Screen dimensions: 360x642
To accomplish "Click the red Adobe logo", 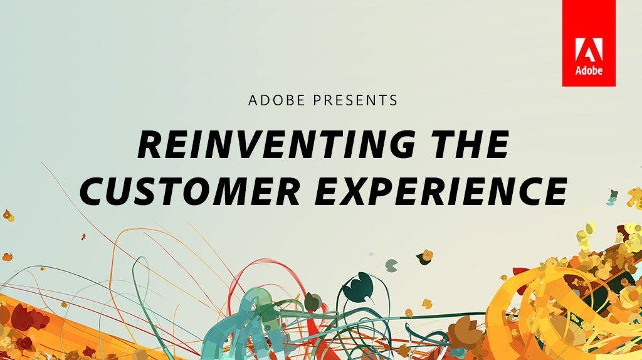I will (x=589, y=43).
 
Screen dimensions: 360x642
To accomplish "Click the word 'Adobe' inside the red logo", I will (x=589, y=70).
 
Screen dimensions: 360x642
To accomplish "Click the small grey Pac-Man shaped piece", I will (x=391, y=264).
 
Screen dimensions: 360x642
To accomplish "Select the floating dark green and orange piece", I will (x=425, y=255).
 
